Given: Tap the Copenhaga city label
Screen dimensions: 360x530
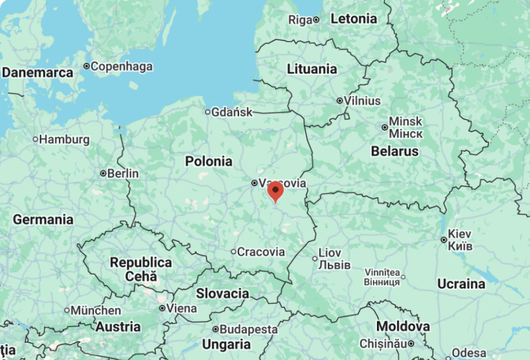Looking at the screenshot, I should click(x=121, y=66).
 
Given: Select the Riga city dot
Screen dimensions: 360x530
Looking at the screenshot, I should click(x=316, y=20).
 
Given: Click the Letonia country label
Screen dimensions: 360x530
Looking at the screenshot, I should click(x=354, y=19).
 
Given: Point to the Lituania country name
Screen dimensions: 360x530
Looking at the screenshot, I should click(x=311, y=69).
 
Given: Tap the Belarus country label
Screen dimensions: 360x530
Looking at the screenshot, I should click(x=395, y=151).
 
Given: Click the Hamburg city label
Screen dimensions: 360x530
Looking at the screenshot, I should click(x=64, y=139).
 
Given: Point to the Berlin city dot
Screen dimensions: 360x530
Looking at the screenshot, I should click(x=103, y=174).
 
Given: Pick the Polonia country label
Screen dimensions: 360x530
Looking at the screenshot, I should click(x=209, y=161).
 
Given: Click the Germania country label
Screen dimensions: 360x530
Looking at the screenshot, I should click(x=43, y=219).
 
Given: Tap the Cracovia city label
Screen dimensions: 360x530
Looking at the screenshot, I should click(x=261, y=252).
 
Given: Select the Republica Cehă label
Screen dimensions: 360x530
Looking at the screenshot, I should click(x=140, y=269).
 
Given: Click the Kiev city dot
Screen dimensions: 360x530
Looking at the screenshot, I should click(x=444, y=239).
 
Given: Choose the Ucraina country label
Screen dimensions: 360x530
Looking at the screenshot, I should click(x=461, y=284).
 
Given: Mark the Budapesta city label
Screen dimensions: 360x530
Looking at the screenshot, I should click(x=249, y=329).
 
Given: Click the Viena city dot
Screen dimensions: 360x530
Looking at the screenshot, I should click(x=162, y=308).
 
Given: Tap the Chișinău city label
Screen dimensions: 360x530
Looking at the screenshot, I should click(x=380, y=343).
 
